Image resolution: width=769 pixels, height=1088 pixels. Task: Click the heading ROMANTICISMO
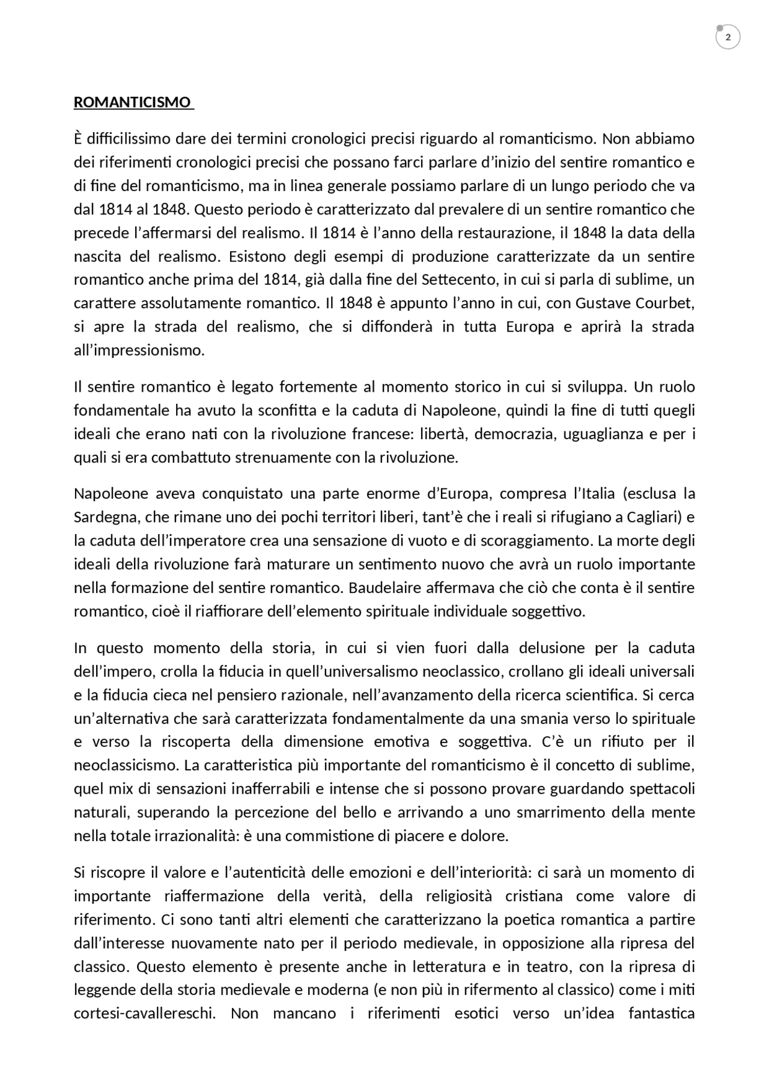coord(132,102)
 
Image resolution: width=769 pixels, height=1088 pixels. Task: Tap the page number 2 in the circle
coord(728,38)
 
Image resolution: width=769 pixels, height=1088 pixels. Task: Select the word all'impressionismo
coord(139,350)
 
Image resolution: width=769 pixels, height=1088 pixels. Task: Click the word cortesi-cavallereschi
coord(145,1014)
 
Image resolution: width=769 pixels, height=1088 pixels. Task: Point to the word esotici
coord(476,1014)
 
